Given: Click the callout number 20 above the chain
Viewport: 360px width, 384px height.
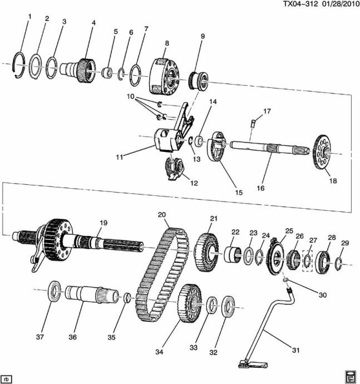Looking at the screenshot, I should [162, 215].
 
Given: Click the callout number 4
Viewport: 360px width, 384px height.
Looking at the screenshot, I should [93, 23].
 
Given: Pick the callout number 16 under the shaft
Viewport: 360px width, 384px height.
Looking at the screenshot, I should [260, 189].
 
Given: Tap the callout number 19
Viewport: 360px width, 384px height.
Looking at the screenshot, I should [102, 223].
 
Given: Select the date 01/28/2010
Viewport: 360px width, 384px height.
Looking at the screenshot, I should [339, 4].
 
